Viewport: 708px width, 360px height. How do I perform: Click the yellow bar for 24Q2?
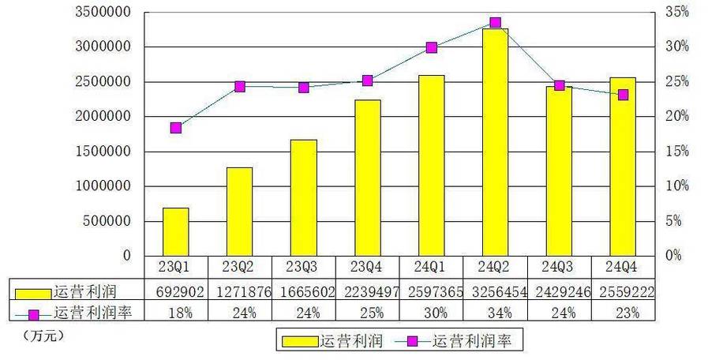coord(495,142)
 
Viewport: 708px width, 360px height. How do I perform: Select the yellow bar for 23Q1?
coord(175,231)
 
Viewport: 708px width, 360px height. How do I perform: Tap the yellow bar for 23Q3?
coord(303,197)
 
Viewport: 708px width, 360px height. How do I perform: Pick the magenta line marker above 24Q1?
coord(432,47)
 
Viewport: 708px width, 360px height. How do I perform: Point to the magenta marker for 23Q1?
coord(176,128)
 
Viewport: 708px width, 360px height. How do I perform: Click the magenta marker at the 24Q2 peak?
coord(495,23)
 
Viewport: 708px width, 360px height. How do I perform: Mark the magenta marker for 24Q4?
coord(623,95)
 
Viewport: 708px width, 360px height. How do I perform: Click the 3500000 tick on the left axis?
coord(103,13)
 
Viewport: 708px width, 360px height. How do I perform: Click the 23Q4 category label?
coord(367,267)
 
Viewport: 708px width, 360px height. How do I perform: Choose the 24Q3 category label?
coord(559,267)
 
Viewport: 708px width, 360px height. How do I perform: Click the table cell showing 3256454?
coord(495,291)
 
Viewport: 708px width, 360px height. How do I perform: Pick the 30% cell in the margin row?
coord(431,312)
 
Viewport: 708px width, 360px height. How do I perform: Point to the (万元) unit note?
coord(40,335)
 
